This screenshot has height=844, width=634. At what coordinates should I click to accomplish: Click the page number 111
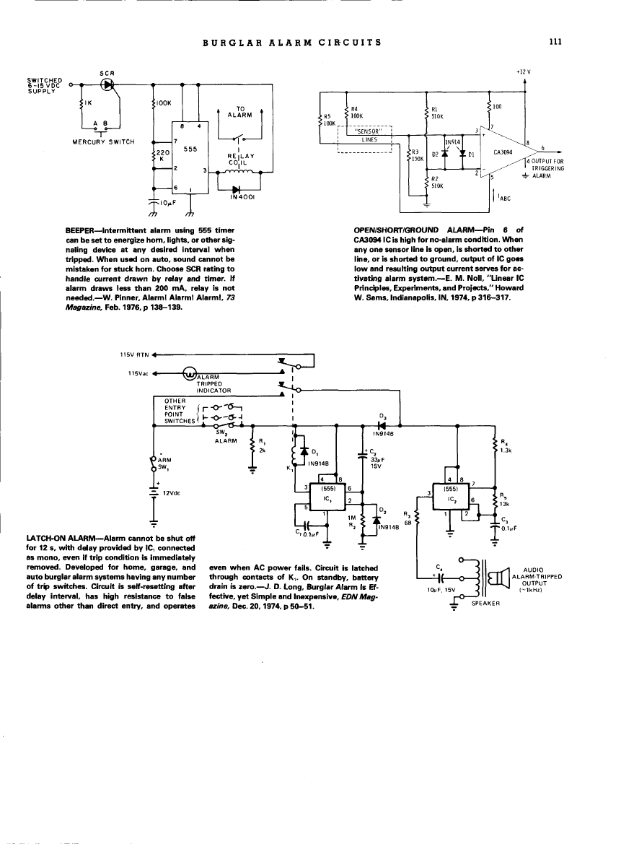coord(555,42)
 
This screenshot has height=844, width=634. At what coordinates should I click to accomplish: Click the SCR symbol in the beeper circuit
coord(108,84)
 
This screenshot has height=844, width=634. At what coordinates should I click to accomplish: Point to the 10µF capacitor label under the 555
coord(167,203)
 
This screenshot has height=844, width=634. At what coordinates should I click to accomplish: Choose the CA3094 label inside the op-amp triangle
coord(502,152)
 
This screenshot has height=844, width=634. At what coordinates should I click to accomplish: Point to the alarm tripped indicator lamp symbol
coord(190,373)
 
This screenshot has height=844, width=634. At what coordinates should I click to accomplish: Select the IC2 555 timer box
coord(450,499)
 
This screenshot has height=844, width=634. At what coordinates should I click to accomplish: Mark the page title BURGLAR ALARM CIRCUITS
coord(292,42)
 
